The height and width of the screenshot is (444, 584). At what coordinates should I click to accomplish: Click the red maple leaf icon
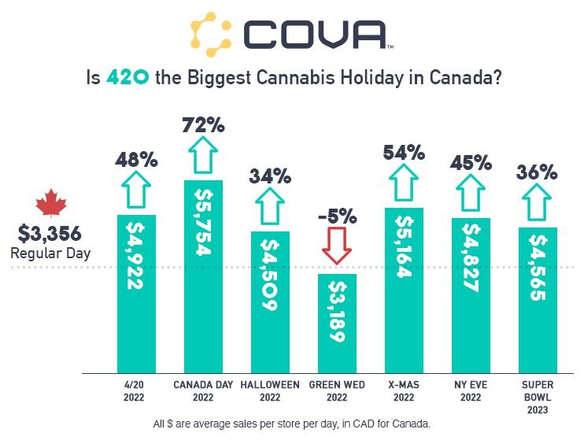click(52, 203)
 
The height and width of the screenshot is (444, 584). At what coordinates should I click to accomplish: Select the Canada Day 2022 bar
click(203, 276)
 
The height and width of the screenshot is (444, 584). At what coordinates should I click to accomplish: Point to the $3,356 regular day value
click(50, 234)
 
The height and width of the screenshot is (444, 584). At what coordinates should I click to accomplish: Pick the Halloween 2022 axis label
click(270, 391)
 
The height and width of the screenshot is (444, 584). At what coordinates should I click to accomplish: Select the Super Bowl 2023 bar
click(538, 299)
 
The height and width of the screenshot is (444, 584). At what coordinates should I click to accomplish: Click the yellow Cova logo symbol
click(211, 34)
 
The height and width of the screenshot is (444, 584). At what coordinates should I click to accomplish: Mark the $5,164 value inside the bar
click(404, 247)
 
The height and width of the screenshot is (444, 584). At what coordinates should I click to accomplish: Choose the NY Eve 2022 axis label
click(471, 391)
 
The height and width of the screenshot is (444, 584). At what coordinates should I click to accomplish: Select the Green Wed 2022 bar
click(337, 323)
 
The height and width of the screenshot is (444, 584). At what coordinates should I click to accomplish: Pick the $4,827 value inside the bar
click(471, 257)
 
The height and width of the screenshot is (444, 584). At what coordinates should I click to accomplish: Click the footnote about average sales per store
click(292, 424)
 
